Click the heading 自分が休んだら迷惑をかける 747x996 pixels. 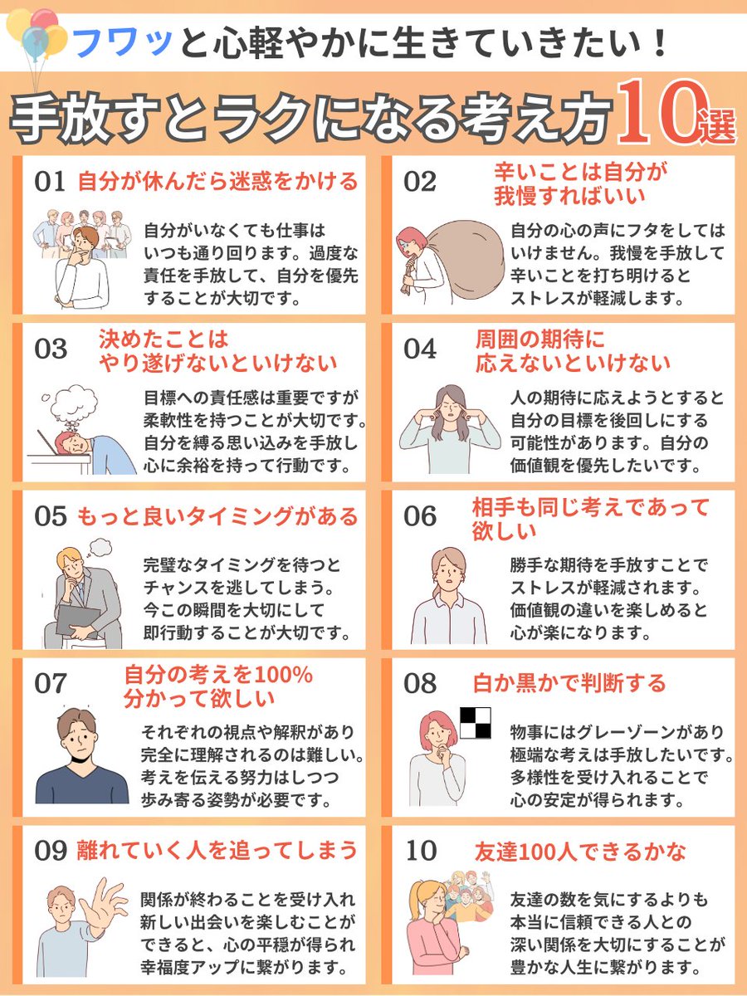point(217,182)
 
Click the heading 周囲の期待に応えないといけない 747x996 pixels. point(573,351)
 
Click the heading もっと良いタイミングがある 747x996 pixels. point(217,516)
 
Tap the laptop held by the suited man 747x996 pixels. point(79,618)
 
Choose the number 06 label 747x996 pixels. point(420,516)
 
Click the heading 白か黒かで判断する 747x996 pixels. point(569,683)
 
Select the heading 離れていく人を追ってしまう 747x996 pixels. point(217,851)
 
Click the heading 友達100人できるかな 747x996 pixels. point(580,852)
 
